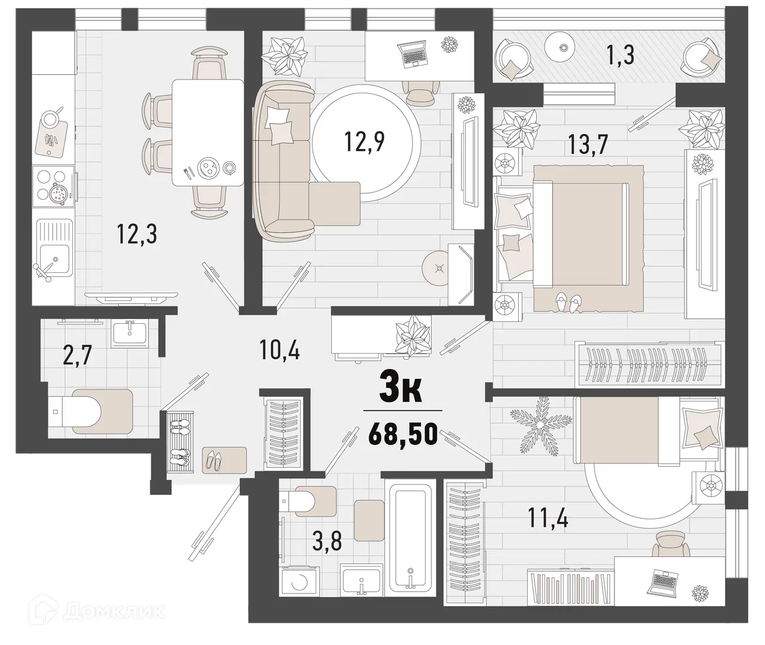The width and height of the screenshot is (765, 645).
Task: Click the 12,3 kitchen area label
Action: (x=137, y=234)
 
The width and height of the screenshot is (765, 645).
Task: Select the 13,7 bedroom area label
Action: (x=587, y=144)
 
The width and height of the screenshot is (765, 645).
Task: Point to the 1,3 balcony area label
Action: (x=620, y=56)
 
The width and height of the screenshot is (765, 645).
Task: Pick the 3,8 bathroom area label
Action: (x=327, y=541)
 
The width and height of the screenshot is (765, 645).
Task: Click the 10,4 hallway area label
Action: (x=280, y=349)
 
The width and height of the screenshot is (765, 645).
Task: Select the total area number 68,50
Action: (x=403, y=434)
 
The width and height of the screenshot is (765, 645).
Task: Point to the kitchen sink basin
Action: (x=55, y=259)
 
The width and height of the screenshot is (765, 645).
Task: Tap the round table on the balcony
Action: (x=563, y=46)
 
